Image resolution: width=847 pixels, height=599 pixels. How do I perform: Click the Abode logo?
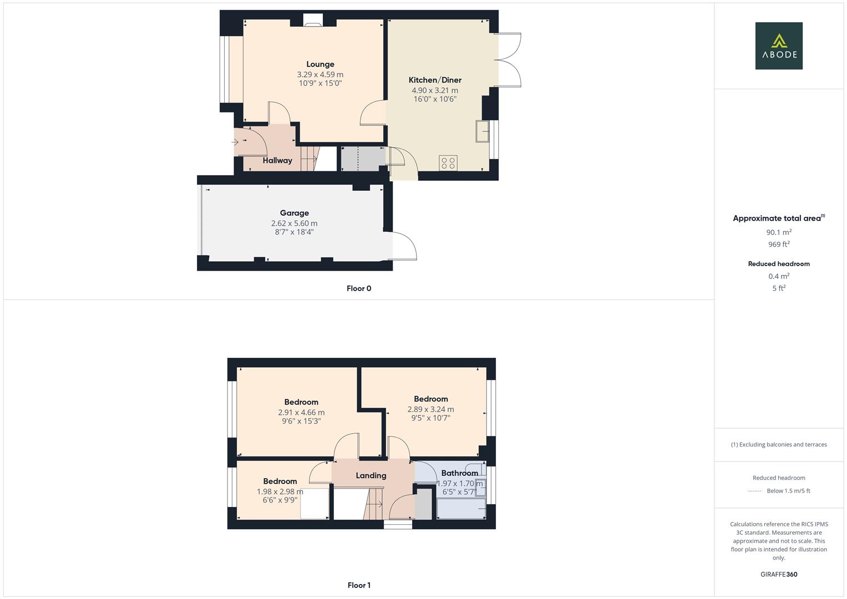point(779,45)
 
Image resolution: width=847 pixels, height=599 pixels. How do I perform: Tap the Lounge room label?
point(320,64)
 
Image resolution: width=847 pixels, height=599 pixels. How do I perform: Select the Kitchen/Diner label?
point(435,80)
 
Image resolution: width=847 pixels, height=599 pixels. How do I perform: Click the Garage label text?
point(294,213)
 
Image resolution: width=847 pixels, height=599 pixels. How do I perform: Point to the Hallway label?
point(277,160)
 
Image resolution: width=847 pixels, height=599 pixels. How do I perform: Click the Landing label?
point(371,475)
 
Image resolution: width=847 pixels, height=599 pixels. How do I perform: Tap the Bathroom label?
point(459,473)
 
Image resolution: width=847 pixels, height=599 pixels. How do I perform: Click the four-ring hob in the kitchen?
point(448,163)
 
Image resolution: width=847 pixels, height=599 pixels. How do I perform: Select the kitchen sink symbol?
point(482,131)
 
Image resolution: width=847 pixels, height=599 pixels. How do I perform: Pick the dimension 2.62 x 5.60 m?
point(294,224)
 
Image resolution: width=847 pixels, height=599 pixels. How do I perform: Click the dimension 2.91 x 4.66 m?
point(301,413)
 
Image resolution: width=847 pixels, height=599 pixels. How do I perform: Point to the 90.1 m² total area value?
point(779,232)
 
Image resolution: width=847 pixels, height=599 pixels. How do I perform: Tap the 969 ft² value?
point(779,244)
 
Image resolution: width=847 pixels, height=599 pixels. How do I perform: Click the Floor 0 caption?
point(359,288)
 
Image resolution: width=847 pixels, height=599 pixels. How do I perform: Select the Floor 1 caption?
point(359,585)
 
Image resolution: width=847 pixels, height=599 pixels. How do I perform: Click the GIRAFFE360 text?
point(779,575)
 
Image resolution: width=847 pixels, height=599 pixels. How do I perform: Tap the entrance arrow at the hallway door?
point(235,142)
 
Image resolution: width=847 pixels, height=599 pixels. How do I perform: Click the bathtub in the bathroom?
point(461,509)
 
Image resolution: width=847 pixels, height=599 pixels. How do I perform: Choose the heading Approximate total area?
point(777,218)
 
